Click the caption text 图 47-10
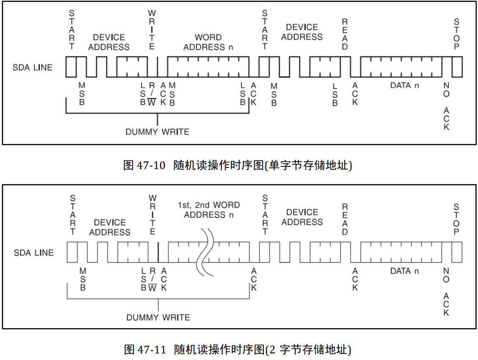[145, 166]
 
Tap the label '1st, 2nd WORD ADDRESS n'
[209, 210]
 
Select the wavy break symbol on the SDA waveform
[205, 252]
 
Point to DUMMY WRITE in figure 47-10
[157, 132]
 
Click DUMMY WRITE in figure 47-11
[158, 317]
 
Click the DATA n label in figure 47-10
[405, 85]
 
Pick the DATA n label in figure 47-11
[405, 271]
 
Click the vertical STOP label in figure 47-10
[457, 35]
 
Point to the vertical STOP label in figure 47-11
[457, 219]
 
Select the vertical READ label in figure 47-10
[345, 35]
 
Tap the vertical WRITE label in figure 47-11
[153, 215]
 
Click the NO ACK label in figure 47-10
[446, 106]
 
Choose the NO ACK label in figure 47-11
[446, 291]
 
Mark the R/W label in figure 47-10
[152, 94]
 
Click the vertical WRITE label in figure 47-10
[152, 30]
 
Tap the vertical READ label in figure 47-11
[345, 219]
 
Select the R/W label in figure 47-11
[153, 280]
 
